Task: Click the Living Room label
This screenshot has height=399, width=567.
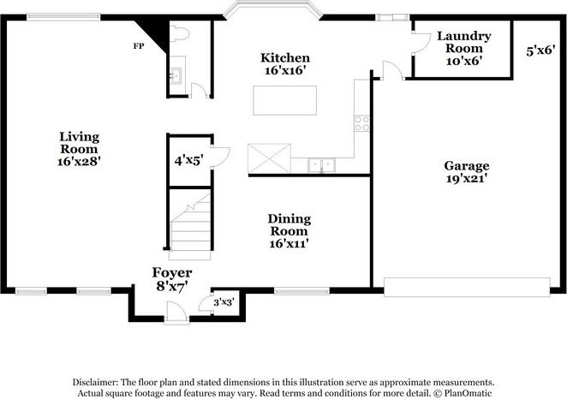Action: point(79,148)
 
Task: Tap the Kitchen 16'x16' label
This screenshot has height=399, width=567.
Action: point(285,65)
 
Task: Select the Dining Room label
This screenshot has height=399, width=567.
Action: point(289,231)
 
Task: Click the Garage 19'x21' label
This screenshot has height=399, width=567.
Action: point(466,172)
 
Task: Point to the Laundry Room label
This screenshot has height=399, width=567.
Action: point(463,48)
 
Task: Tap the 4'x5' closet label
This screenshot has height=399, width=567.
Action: point(187,158)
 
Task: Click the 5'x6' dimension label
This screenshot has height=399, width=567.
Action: point(540,51)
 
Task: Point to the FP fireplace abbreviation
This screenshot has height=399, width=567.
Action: point(137,45)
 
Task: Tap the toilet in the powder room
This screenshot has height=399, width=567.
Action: point(179,33)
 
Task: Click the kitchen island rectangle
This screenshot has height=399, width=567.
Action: point(284,100)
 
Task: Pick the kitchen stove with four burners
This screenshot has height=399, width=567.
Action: point(361,123)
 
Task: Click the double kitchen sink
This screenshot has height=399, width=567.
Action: point(322,164)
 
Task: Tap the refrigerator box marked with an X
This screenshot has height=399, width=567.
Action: point(269,158)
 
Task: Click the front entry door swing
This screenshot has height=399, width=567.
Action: point(176,314)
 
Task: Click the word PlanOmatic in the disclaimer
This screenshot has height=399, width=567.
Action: point(468,393)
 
